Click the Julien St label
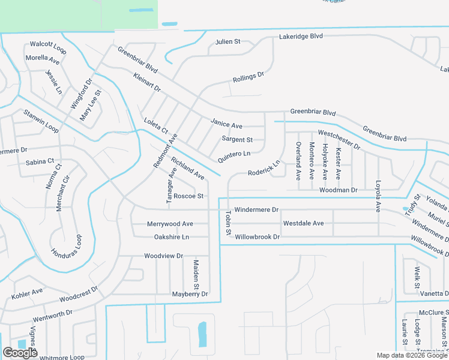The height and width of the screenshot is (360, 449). pyautogui.click(x=228, y=42)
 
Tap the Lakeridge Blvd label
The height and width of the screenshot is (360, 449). pyautogui.click(x=301, y=37)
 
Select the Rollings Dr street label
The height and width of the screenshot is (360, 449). pyautogui.click(x=249, y=78)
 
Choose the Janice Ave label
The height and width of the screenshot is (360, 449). pyautogui.click(x=226, y=124)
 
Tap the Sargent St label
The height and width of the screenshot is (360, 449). pyautogui.click(x=237, y=139)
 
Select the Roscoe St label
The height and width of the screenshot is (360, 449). pyautogui.click(x=189, y=196)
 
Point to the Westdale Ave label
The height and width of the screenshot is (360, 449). pyautogui.click(x=303, y=223)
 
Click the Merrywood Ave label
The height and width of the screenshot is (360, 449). pyautogui.click(x=170, y=224)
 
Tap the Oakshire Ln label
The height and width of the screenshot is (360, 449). pyautogui.click(x=172, y=237)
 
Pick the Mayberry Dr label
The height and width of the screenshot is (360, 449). pyautogui.click(x=190, y=294)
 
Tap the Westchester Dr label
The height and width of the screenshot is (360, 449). pyautogui.click(x=339, y=139)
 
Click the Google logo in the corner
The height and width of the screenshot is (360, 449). pyautogui.click(x=20, y=353)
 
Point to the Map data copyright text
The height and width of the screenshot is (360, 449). pyautogui.click(x=412, y=355)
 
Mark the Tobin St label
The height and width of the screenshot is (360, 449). pyautogui.click(x=228, y=223)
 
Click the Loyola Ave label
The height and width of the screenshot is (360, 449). pyautogui.click(x=378, y=196)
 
